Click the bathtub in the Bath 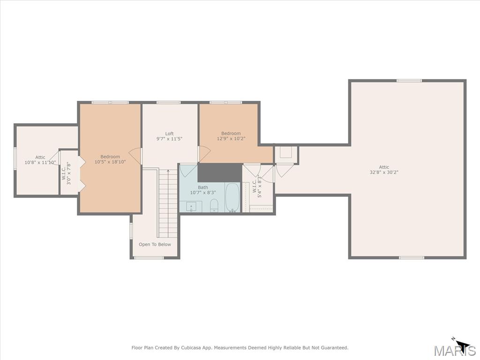point(232,197)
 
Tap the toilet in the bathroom point(214,205)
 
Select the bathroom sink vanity point(191,206)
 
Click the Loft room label point(169,134)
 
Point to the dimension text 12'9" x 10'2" point(231,138)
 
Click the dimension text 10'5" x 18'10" point(110,162)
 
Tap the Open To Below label point(155,244)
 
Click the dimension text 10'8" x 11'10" point(40,162)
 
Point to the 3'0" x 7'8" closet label point(66,173)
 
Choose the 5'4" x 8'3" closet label point(257,186)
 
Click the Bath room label point(203,187)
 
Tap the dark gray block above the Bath point(220,172)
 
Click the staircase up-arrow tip point(168,170)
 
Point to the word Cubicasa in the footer point(192,348)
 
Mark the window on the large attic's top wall point(409,81)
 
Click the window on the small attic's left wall point(15,158)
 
